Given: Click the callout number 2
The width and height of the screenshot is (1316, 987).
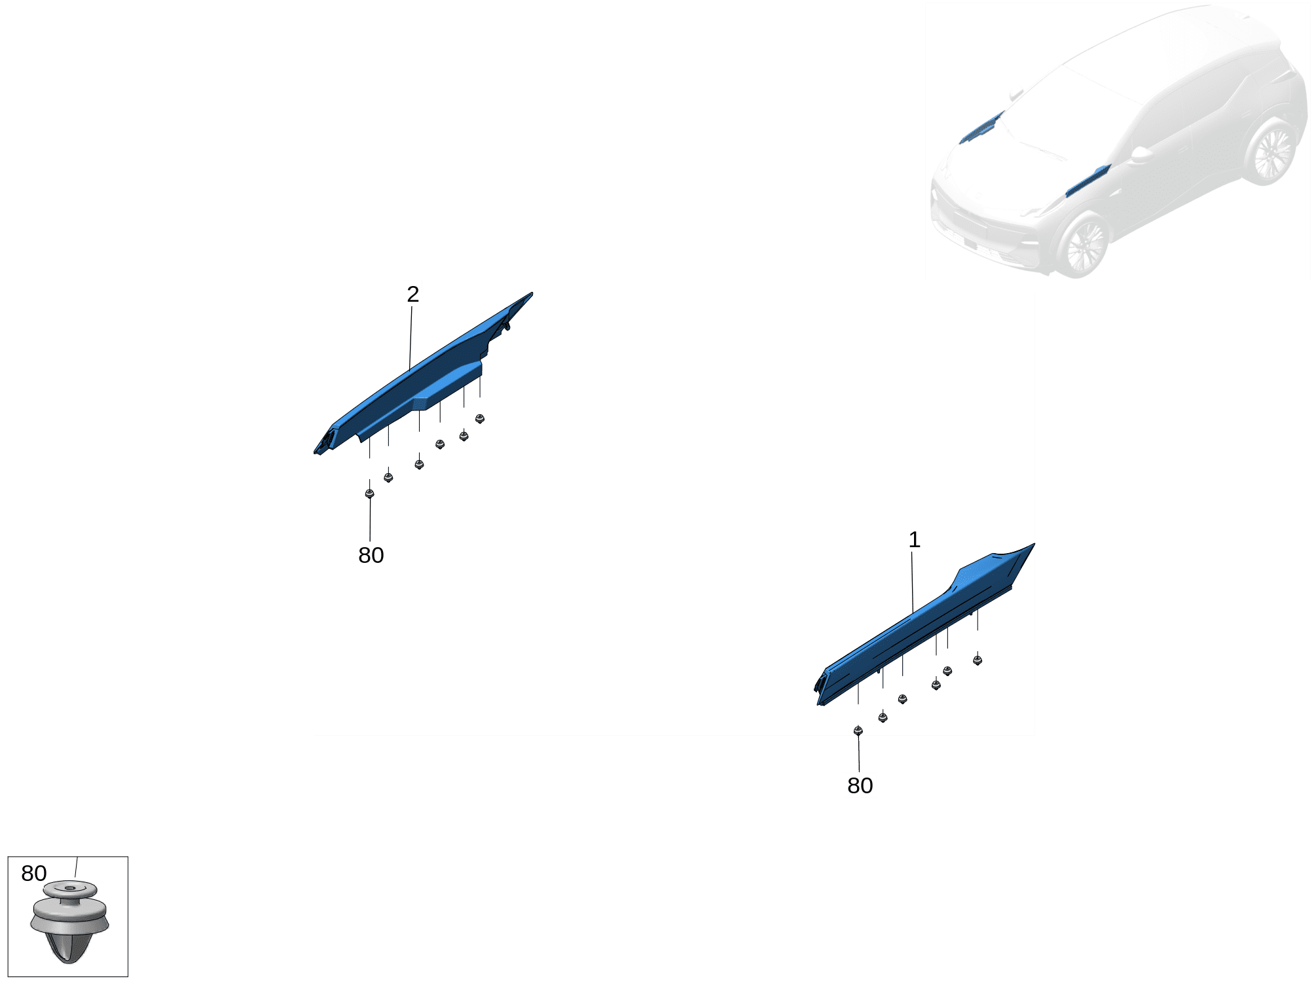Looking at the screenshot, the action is [412, 295].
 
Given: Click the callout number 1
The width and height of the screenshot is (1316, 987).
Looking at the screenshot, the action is [914, 540].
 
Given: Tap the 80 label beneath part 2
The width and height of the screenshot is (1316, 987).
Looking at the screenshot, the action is [371, 555].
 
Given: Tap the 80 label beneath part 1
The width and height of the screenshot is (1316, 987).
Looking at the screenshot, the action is [860, 785].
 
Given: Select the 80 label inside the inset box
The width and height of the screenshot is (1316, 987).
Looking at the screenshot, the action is [34, 873].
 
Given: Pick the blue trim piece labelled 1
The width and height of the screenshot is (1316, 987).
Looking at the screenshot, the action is [923, 625].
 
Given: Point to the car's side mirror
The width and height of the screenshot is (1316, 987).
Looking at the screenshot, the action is [1141, 155].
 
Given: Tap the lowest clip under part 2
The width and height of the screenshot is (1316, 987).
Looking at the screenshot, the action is [369, 494].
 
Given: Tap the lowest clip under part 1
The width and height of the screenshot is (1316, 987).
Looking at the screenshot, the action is [858, 731].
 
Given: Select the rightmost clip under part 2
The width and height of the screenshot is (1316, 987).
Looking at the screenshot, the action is [480, 419].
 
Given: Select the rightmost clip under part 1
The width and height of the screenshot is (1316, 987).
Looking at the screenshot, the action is [978, 660].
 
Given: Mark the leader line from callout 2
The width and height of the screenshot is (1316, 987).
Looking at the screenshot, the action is [411, 338].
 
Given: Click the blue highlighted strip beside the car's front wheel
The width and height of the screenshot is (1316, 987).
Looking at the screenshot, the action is [1087, 181].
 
